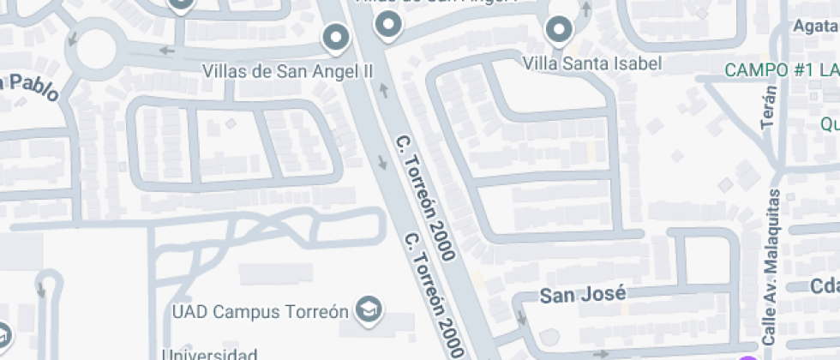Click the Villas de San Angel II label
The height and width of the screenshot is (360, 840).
[288, 70]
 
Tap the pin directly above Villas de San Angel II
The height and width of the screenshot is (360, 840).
[335, 38]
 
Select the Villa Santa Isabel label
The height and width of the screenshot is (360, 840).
[592, 63]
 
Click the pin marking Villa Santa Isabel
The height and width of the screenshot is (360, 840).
[560, 31]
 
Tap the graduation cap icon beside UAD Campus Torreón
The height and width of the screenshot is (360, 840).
[370, 308]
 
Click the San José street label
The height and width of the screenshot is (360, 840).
[582, 295]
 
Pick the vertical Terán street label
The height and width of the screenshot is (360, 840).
[769, 107]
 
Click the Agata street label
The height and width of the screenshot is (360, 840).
[816, 26]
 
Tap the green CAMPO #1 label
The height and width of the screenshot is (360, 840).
[781, 70]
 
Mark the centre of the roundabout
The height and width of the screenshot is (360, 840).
[94, 50]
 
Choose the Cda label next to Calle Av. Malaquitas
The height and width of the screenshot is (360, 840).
[825, 286]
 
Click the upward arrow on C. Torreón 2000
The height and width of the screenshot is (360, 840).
[385, 90]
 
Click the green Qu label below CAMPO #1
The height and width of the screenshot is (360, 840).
[829, 123]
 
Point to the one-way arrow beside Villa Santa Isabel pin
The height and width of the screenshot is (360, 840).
[586, 9]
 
